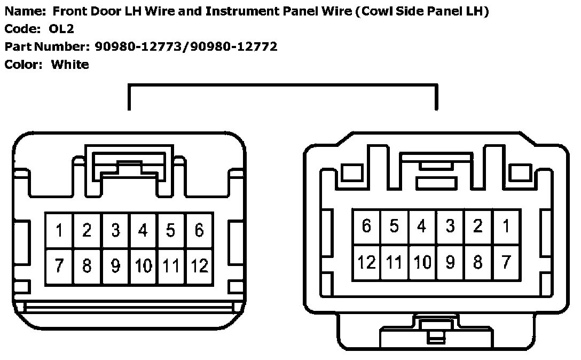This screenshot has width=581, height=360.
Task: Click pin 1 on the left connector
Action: pos(59,231)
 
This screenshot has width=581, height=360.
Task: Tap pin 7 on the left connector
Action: pos(59,265)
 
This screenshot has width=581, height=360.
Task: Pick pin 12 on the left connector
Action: pos(199,265)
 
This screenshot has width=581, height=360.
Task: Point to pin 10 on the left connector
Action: pos(143,265)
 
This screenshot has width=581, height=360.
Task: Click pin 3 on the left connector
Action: pos(115,231)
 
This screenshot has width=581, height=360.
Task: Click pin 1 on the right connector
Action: pos(506,226)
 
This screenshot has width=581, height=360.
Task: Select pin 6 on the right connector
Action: pos(366,226)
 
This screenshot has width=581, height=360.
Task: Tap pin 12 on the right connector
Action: pos(366,262)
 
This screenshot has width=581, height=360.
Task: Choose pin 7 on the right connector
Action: pos(506,262)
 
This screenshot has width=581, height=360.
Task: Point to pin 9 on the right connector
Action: pos(450,262)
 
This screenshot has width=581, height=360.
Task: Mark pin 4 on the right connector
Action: pos(422,226)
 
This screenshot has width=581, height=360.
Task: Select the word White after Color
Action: pos(70,65)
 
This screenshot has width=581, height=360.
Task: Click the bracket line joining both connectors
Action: pos(283,84)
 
